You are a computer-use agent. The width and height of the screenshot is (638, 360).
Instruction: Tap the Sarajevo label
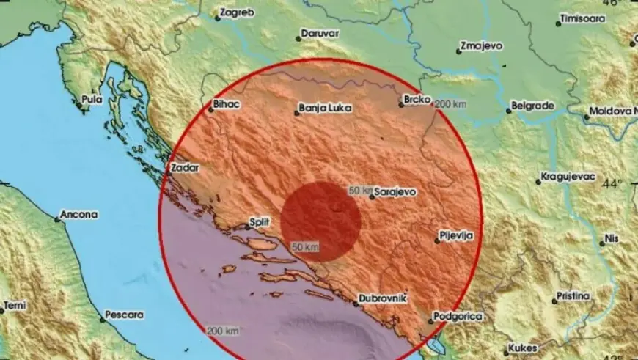395,191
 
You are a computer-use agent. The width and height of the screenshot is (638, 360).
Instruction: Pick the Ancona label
79,215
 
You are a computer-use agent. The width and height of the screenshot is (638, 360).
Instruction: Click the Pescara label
123,315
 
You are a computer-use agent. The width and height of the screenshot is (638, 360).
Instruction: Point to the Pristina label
571,295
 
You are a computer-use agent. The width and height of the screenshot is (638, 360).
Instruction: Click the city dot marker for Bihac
210,111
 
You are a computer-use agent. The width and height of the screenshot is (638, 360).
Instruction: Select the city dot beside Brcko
401,105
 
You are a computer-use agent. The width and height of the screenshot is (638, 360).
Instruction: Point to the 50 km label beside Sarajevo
359,191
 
